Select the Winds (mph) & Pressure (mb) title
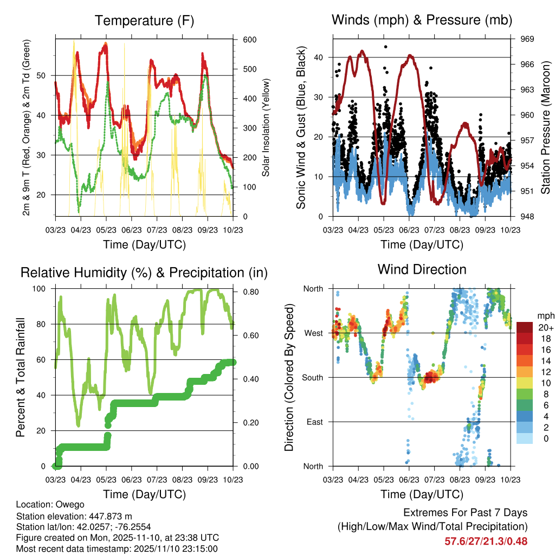pyautogui.click(x=422, y=21)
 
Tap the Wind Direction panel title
pyautogui.click(x=422, y=269)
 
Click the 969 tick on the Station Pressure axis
pyautogui.click(x=528, y=39)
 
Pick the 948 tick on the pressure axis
pyautogui.click(x=528, y=217)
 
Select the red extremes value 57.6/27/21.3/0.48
pyautogui.click(x=486, y=541)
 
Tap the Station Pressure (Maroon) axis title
pyautogui.click(x=546, y=128)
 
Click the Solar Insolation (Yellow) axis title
pyautogui.click(x=266, y=128)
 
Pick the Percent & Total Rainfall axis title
pyautogui.click(x=21, y=377)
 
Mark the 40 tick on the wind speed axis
pyautogui.click(x=319, y=57)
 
